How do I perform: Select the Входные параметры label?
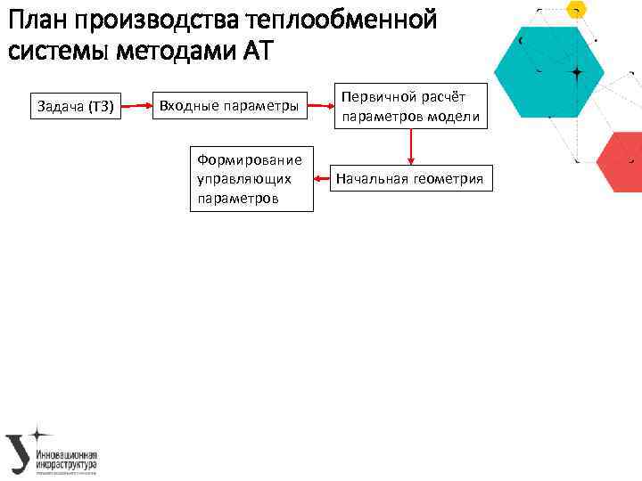pos(228,107)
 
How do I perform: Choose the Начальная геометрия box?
pos(409,179)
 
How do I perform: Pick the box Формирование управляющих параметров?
pos(250,179)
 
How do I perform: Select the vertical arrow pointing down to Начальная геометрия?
pos(410,146)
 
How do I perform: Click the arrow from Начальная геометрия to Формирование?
pos(321,179)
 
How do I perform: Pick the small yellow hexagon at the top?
pos(577,9)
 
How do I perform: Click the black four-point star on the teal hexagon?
pos(577,70)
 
